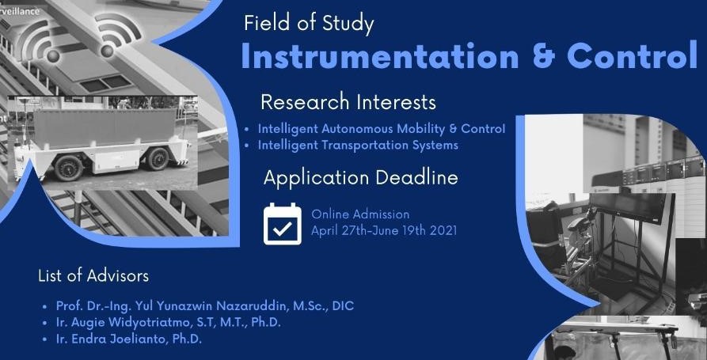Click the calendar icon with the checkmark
click(x=283, y=224)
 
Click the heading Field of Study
click(x=309, y=24)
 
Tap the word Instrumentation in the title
click(x=380, y=57)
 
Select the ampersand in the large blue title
click(x=542, y=57)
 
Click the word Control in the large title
click(x=632, y=57)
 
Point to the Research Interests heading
click(x=348, y=102)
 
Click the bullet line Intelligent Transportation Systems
click(x=358, y=145)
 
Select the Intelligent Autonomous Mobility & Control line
click(x=382, y=129)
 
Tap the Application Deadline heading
click(x=361, y=177)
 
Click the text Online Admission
click(x=360, y=214)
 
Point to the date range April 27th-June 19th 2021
click(x=384, y=231)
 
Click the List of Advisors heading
click(x=93, y=276)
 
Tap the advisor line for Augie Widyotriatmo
click(x=168, y=323)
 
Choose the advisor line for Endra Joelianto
click(x=128, y=339)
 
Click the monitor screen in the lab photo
click(x=631, y=207)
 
